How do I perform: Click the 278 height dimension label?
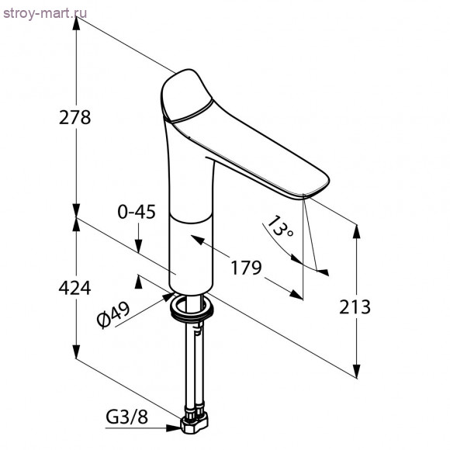coord(74,117)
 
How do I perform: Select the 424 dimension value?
coord(74,288)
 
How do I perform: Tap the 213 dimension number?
coord(355,306)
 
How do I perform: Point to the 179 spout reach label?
coord(246,268)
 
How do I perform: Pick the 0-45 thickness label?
coord(137,212)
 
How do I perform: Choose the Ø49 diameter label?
coord(113,315)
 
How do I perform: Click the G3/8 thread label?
coord(126,417)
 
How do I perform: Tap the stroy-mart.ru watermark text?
coord(45,13)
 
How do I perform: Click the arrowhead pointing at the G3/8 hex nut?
coord(173,428)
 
